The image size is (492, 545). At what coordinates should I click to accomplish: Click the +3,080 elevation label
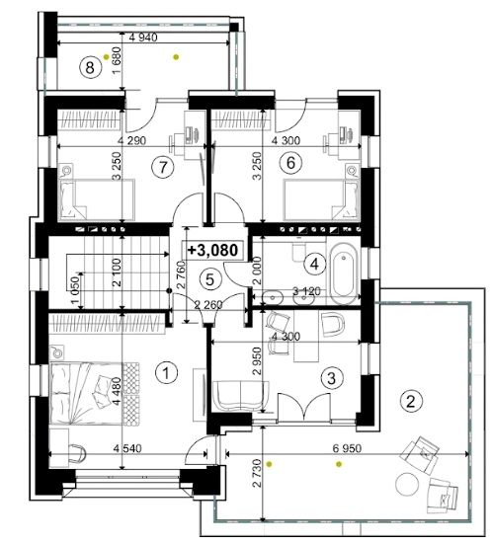(x=213, y=250)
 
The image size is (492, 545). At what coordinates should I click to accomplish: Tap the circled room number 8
(x=90, y=67)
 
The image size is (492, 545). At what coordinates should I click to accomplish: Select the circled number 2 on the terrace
(x=411, y=402)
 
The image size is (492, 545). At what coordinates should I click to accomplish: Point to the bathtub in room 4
(x=344, y=274)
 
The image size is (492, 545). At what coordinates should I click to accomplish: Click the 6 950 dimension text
(x=347, y=448)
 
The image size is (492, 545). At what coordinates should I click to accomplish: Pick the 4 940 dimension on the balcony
(x=143, y=37)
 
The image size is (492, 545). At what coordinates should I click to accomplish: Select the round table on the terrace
(x=407, y=484)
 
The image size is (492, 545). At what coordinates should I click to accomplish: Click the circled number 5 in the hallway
(x=209, y=279)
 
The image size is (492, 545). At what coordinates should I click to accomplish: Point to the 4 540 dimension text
(x=127, y=448)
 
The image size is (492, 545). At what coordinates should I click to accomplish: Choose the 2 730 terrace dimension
(x=257, y=473)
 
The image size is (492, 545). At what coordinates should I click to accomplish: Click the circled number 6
(x=290, y=162)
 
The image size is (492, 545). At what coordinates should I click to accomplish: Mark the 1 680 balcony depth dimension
(x=118, y=60)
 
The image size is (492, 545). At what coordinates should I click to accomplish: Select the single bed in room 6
(x=321, y=199)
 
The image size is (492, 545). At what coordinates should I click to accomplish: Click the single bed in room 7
(x=98, y=199)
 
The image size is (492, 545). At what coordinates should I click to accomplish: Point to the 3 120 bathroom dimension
(x=306, y=291)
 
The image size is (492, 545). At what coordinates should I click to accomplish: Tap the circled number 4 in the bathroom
(x=314, y=265)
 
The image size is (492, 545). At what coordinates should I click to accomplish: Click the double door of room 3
(x=304, y=408)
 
